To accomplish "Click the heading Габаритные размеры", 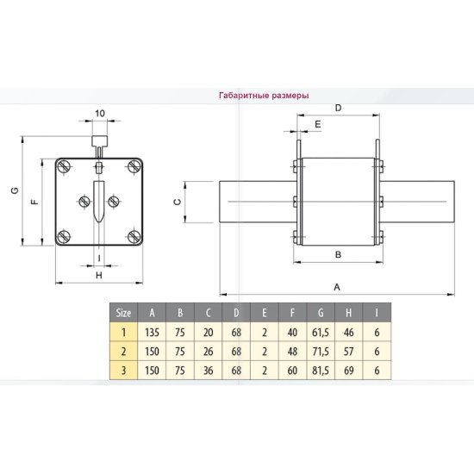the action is (x=264, y=96).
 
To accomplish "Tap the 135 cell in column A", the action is (x=152, y=333).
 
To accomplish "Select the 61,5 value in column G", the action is (x=321, y=333).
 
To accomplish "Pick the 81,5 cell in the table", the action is (x=321, y=371).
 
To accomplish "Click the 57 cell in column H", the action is (x=348, y=352).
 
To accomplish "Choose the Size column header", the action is (x=123, y=313).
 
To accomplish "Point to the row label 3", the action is (x=123, y=371).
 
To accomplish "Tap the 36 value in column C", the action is (x=208, y=371).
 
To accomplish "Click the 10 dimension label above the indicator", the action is (x=100, y=114).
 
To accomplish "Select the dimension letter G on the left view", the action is (x=15, y=190).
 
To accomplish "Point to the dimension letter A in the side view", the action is (x=337, y=287).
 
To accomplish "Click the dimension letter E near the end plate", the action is (x=318, y=124).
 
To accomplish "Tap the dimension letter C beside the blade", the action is (x=178, y=202).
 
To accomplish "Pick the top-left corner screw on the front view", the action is (x=64, y=166).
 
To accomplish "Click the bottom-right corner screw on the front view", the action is (x=134, y=237).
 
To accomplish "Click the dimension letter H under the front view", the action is (x=99, y=276).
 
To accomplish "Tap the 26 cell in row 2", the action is (x=208, y=352).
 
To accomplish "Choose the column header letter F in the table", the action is (x=292, y=313).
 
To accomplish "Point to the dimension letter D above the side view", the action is (x=339, y=108).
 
